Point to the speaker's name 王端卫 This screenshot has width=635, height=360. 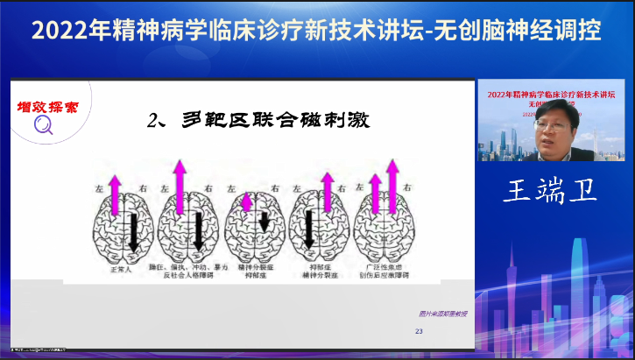pos(549,191)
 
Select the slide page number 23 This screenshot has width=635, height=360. pos(418,331)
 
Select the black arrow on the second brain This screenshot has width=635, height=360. pos(199,229)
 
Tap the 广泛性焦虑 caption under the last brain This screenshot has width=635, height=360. pos(383,264)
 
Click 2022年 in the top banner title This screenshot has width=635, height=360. pos(62,32)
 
